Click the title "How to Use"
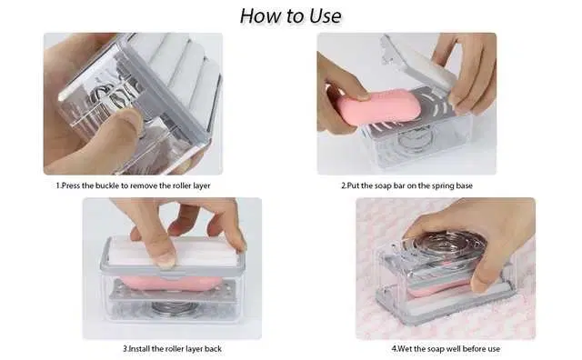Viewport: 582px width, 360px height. (x=291, y=16)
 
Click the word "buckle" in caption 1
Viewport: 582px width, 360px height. (x=107, y=185)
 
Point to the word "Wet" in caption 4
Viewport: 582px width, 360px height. (x=404, y=349)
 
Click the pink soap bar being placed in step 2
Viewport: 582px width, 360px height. (x=378, y=107)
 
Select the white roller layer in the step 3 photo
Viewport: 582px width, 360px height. (x=174, y=253)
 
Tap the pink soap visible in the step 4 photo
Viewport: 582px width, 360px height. (x=438, y=289)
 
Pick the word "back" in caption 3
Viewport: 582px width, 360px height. (x=213, y=349)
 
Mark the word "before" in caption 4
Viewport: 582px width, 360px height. (x=472, y=349)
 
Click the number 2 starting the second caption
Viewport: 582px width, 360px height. (x=344, y=185)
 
